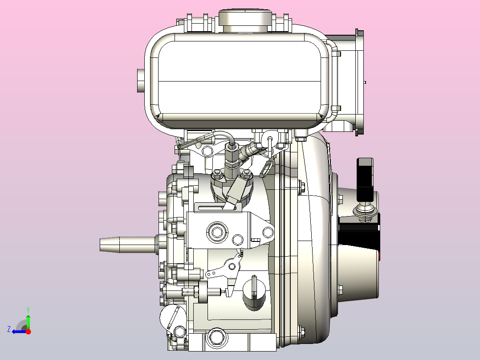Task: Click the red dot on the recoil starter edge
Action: (380, 256)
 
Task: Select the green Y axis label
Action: (28, 310)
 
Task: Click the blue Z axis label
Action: (9, 329)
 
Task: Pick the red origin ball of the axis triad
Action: (28, 331)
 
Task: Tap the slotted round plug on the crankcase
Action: (254, 292)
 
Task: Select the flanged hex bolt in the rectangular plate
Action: (217, 232)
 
